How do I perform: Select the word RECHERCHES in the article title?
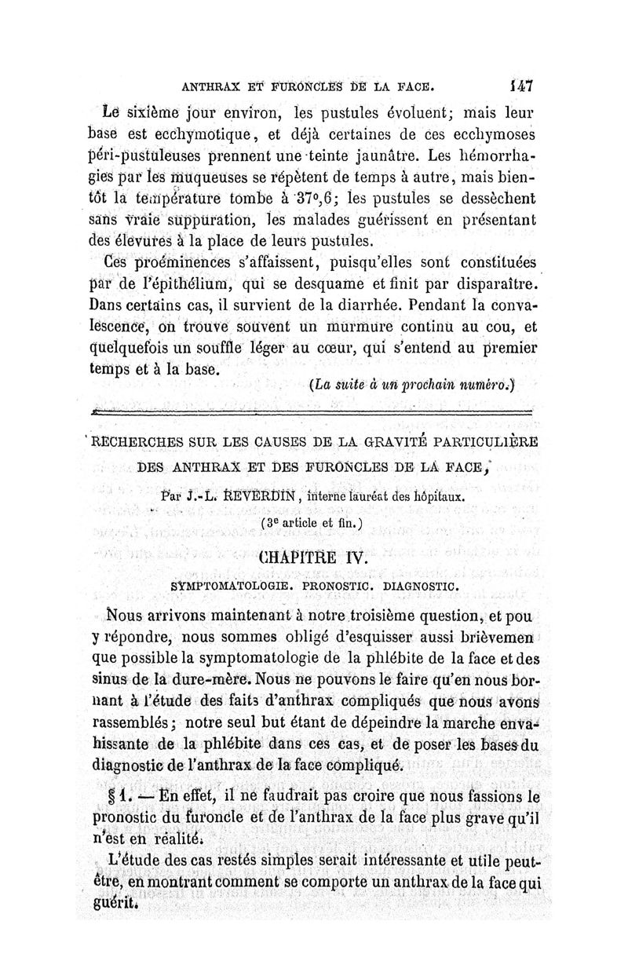pos(136,440)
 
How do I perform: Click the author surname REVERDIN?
pos(254,497)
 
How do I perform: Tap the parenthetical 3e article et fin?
pos(314,521)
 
